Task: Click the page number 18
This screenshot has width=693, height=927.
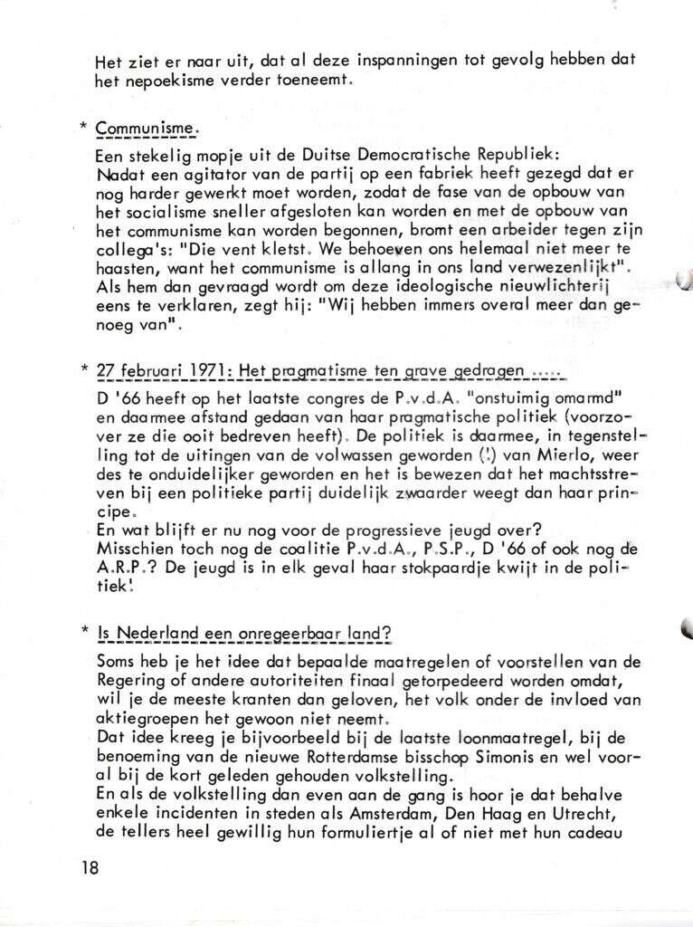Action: [89, 867]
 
